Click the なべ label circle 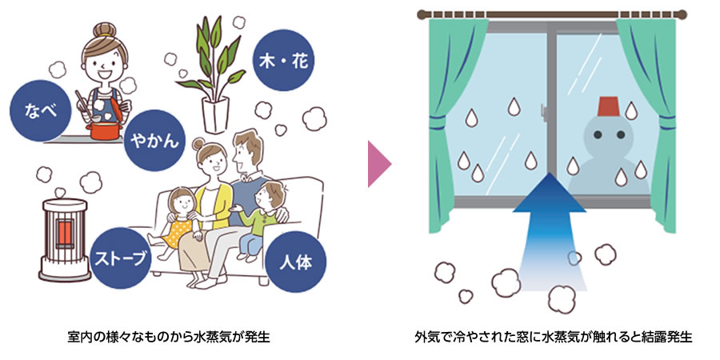click(41, 110)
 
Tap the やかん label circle click(154, 140)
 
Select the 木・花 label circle click(284, 60)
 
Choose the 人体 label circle click(296, 263)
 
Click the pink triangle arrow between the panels click(379, 164)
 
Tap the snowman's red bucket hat click(609, 106)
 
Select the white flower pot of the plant click(216, 114)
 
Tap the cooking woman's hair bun click(104, 30)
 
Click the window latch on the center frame click(544, 111)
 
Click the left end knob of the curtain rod click(422, 14)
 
